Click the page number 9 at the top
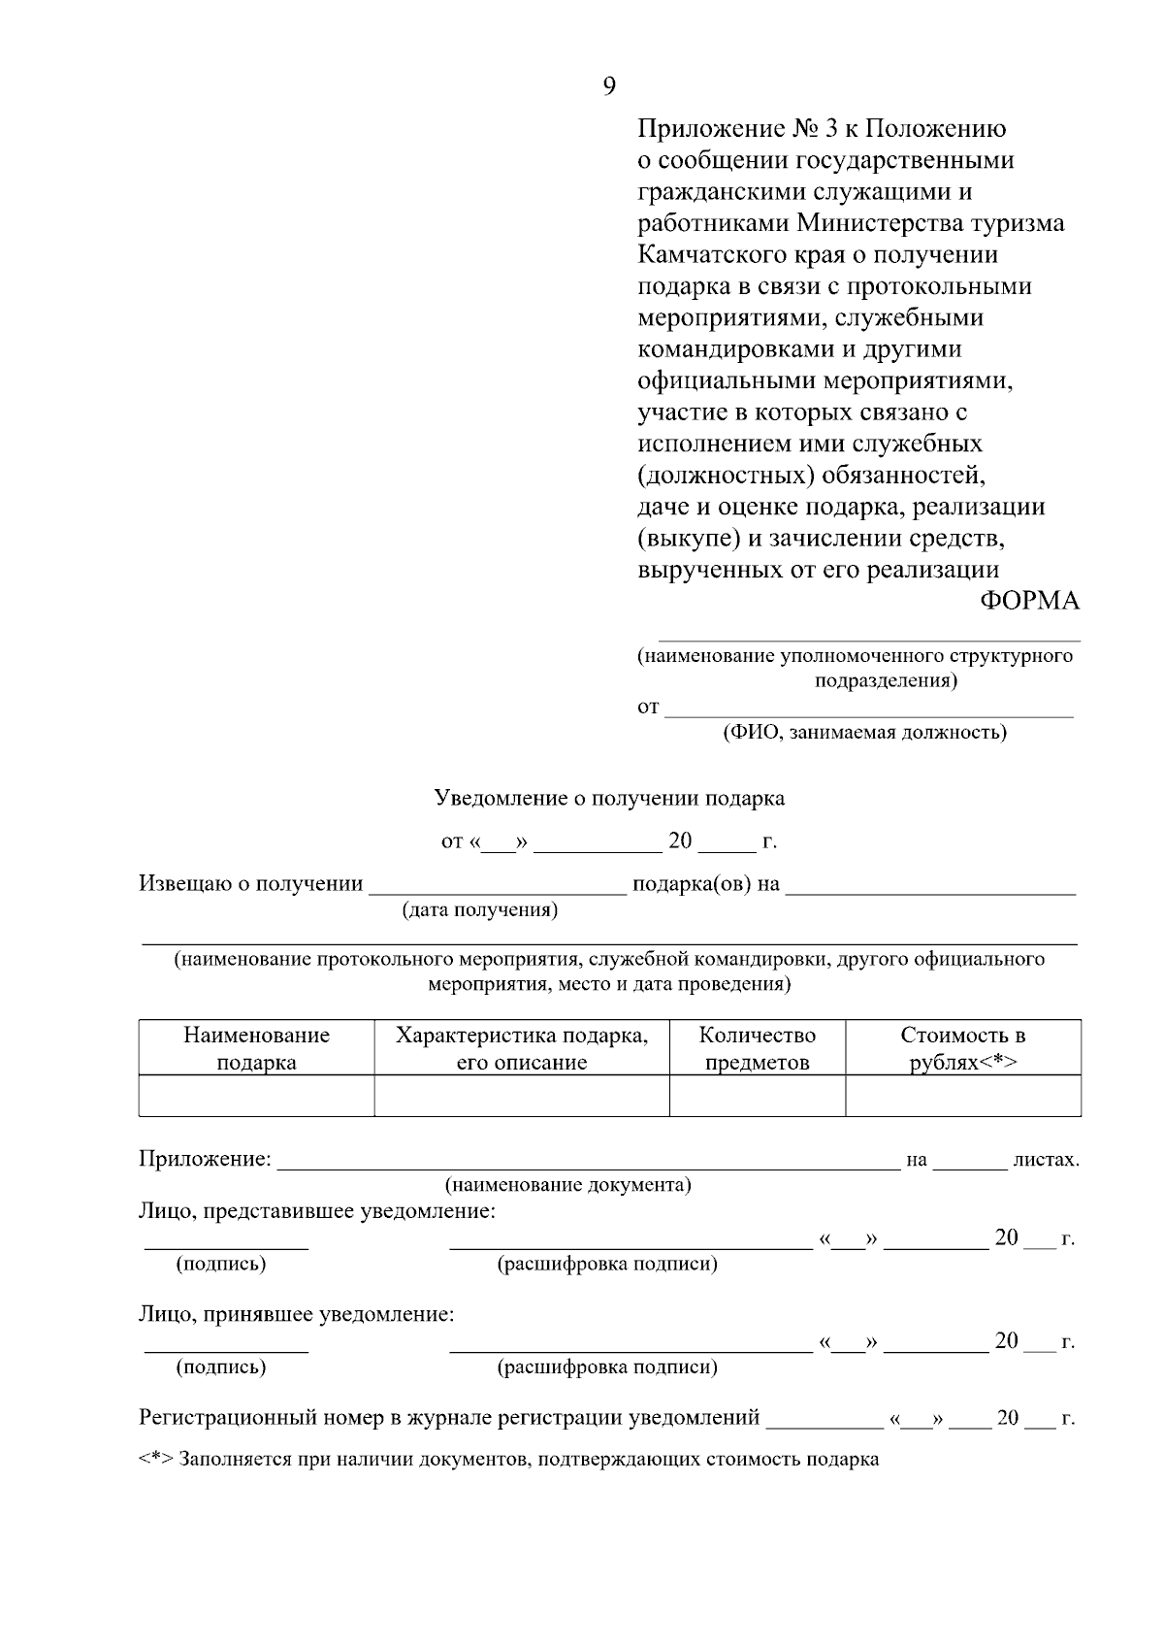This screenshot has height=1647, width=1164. [609, 87]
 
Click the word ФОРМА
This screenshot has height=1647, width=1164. [1029, 601]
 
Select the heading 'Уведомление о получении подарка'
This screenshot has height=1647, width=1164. [609, 799]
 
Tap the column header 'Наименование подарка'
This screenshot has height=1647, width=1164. [256, 1048]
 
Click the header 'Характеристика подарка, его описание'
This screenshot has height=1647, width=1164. [522, 1048]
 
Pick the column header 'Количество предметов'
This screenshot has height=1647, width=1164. [757, 1048]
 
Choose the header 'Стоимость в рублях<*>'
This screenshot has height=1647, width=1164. [963, 1048]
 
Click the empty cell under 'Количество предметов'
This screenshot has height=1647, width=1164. [757, 1096]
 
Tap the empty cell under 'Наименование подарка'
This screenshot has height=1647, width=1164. [256, 1096]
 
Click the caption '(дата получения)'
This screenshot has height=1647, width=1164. [480, 910]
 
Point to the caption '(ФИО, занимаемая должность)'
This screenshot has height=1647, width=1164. [864, 733]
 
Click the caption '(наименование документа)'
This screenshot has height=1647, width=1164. [568, 1185]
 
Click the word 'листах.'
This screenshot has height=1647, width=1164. [1046, 1160]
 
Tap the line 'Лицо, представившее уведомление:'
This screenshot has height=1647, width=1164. [317, 1211]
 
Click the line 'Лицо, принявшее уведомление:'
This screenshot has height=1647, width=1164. [297, 1315]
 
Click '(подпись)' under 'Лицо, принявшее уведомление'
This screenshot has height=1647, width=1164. [221, 1367]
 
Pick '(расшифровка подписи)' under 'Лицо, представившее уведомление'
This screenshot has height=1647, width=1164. [607, 1265]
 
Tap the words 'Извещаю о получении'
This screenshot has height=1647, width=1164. [251, 884]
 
